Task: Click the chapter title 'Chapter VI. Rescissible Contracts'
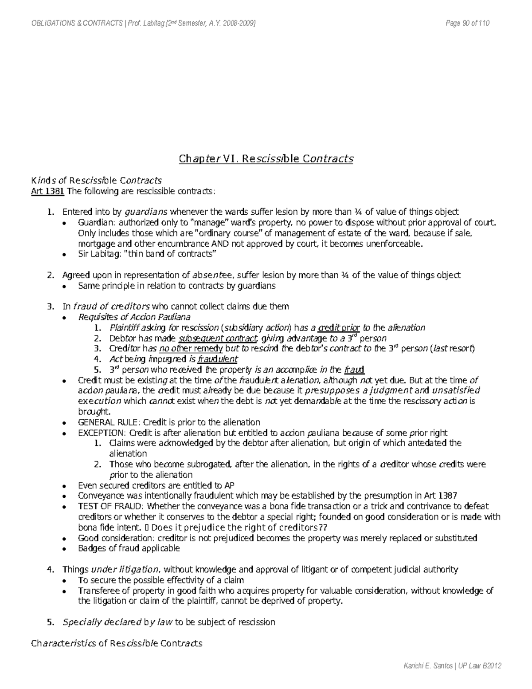click(x=266, y=159)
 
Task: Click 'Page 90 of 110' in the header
click(x=467, y=24)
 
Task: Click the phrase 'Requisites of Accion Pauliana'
click(x=134, y=317)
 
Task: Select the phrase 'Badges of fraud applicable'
click(x=129, y=548)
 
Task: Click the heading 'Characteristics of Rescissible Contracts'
click(x=116, y=643)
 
